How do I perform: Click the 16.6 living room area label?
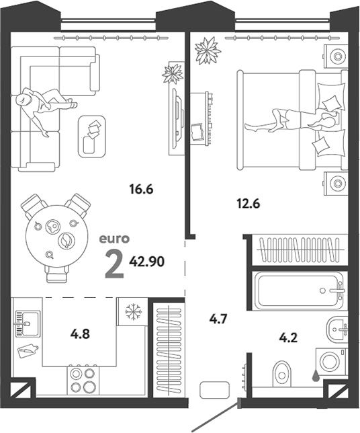tap(141, 190)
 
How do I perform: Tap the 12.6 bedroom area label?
tap(249, 204)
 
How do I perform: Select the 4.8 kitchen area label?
tap(80, 334)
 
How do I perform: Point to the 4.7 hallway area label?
tap(218, 319)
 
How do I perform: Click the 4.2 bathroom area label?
tap(288, 338)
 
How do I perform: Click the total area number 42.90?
tap(147, 262)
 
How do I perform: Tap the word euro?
tap(114, 239)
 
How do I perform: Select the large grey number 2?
tap(114, 266)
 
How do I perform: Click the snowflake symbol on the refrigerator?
tap(134, 312)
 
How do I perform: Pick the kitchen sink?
tap(28, 323)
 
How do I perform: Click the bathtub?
tap(300, 290)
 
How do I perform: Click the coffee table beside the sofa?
tap(92, 136)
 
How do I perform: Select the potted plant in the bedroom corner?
tap(208, 50)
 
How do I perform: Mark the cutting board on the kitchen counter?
tap(28, 350)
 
